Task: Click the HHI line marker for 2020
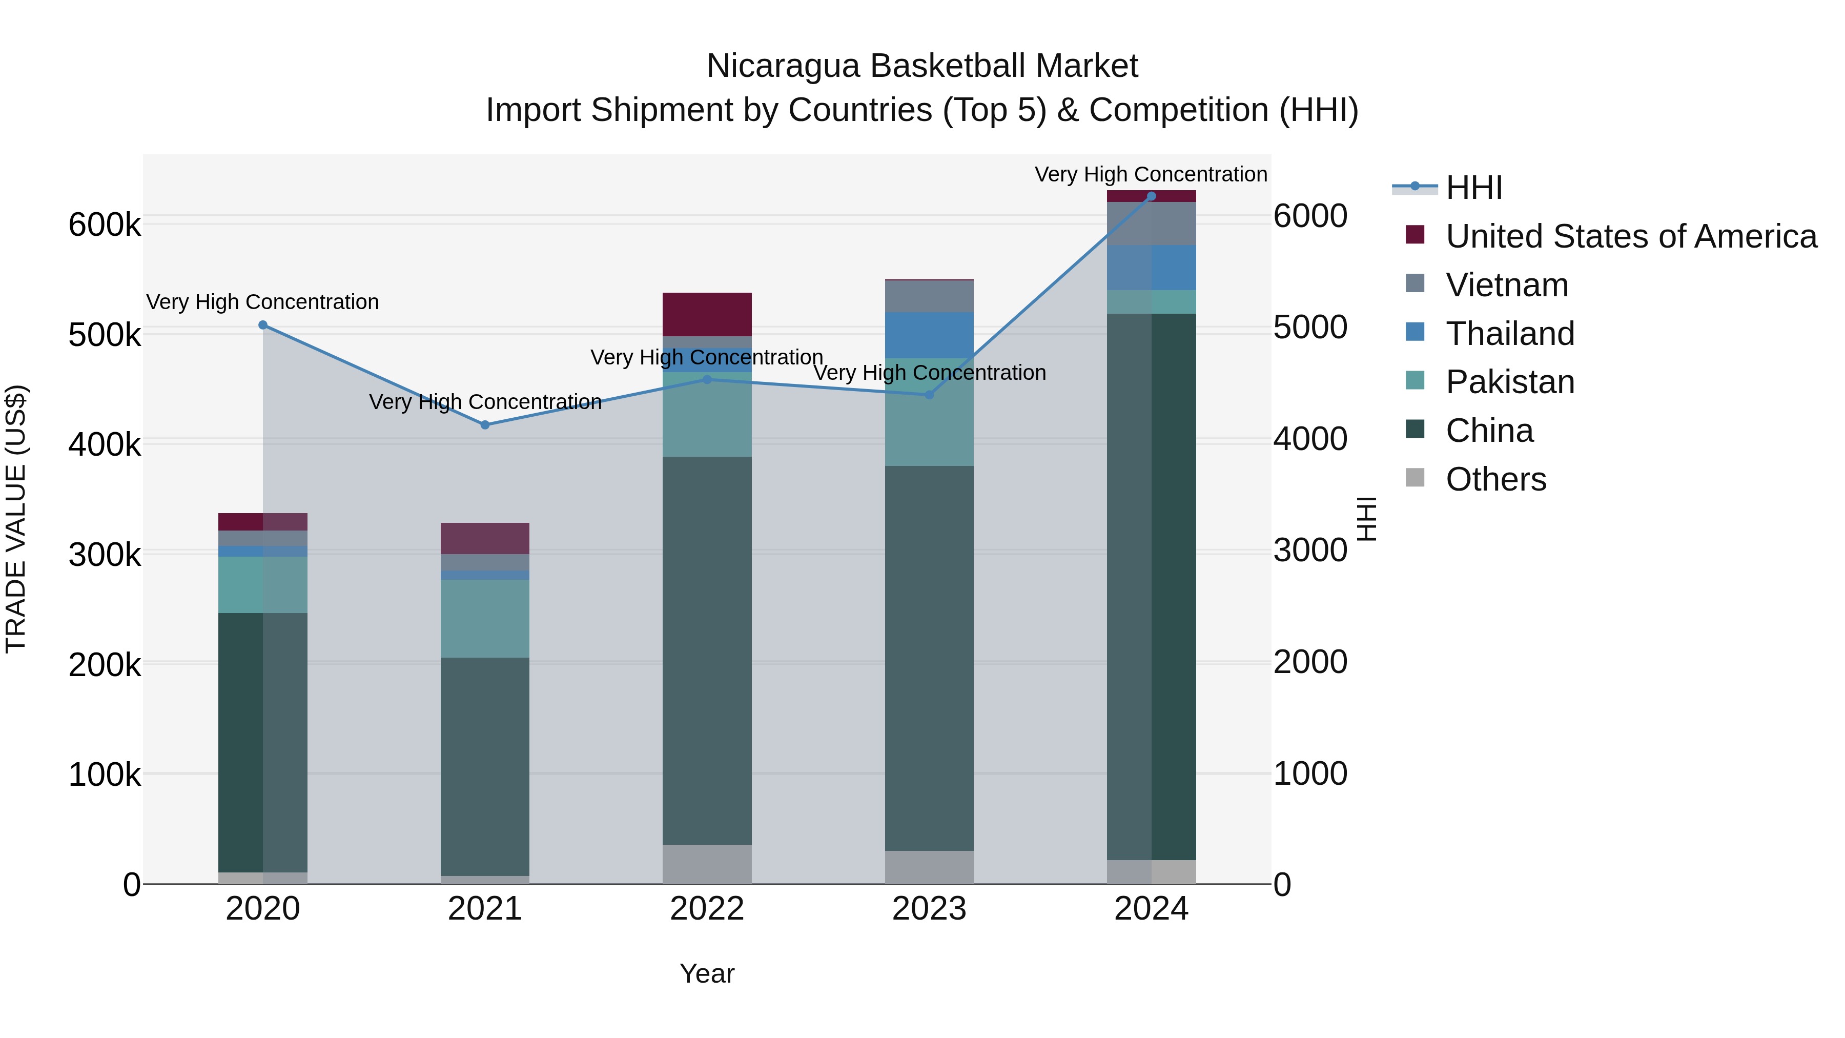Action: pyautogui.click(x=263, y=325)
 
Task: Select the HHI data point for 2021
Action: pyautogui.click(x=485, y=425)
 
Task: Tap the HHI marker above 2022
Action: pyautogui.click(x=707, y=380)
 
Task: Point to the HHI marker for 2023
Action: pyautogui.click(x=930, y=395)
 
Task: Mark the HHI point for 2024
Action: pyautogui.click(x=1152, y=196)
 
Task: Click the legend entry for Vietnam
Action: pyautogui.click(x=1507, y=285)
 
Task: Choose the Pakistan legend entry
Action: pyautogui.click(x=1510, y=382)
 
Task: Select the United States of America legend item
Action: pyautogui.click(x=1631, y=236)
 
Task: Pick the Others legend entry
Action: pyautogui.click(x=1495, y=479)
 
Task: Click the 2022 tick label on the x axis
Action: pyautogui.click(x=707, y=909)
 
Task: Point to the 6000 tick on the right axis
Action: pyautogui.click(x=1310, y=216)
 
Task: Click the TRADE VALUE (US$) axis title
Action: pyautogui.click(x=16, y=519)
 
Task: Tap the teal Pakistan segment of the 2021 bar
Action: pyautogui.click(x=485, y=618)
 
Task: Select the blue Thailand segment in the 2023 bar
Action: pyautogui.click(x=930, y=335)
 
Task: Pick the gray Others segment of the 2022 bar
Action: pyautogui.click(x=707, y=864)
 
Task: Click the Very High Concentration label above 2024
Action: pyautogui.click(x=1151, y=175)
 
